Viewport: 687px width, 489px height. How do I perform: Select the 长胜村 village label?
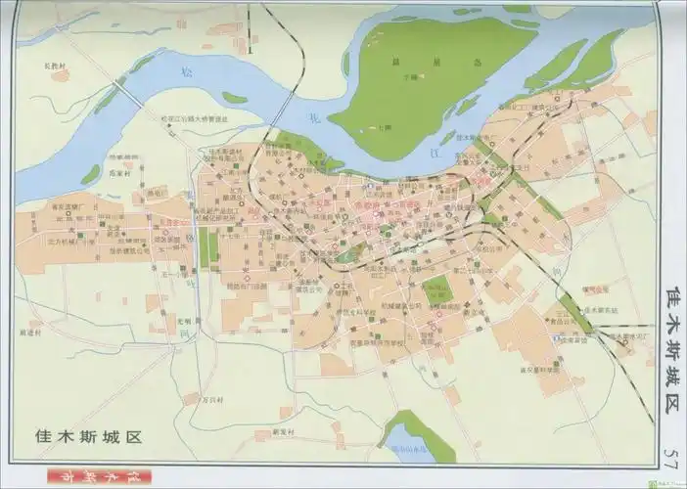(x=56, y=67)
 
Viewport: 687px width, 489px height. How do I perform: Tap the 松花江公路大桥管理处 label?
(x=195, y=119)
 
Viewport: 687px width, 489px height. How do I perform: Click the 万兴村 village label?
(x=212, y=400)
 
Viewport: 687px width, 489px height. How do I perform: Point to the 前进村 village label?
(x=32, y=333)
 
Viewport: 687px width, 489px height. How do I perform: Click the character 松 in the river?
(x=188, y=70)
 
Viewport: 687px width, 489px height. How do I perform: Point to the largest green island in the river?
(x=431, y=78)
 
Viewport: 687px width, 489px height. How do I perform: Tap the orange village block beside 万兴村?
(x=191, y=398)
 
